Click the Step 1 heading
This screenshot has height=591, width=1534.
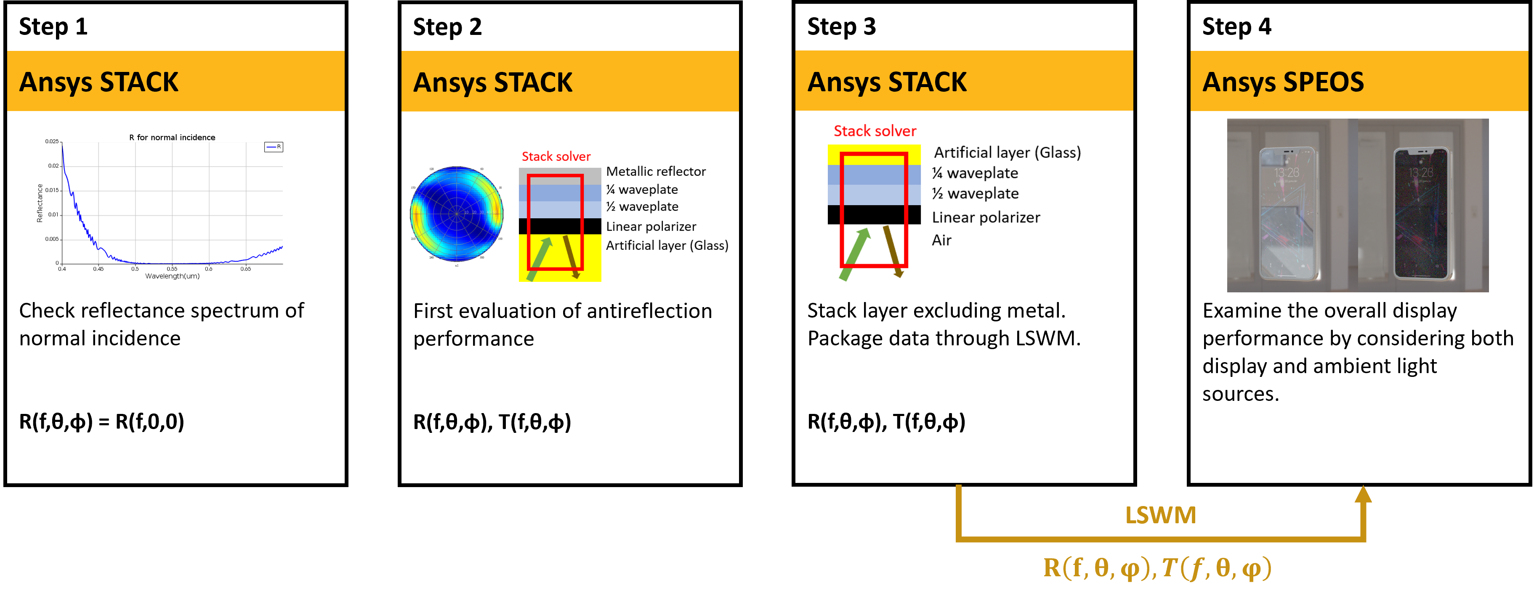(x=53, y=27)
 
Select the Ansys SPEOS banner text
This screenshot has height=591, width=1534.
(x=1283, y=82)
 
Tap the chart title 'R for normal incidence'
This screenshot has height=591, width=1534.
(x=172, y=138)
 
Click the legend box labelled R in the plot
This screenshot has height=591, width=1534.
(x=273, y=146)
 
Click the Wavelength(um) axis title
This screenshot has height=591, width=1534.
(x=172, y=276)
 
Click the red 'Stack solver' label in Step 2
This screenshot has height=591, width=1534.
(x=556, y=156)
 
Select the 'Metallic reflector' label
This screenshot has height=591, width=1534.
(x=656, y=171)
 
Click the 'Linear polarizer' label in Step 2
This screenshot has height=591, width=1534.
(x=651, y=226)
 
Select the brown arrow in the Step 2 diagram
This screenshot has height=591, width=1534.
(x=571, y=256)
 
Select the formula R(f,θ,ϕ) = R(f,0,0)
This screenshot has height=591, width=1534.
(x=102, y=421)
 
